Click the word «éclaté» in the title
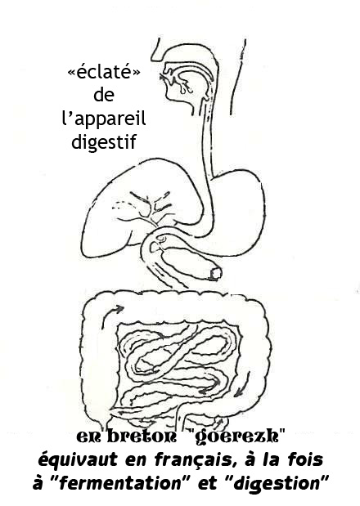pos(104,72)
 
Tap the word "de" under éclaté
pos(104,95)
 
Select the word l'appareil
pos(104,118)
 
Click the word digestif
pos(104,142)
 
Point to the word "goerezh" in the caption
pos(236,437)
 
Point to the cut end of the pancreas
pos(215,274)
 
